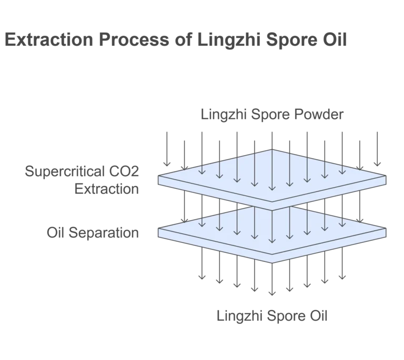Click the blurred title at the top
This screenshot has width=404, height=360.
(x=176, y=39)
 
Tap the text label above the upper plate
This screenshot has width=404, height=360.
(x=271, y=114)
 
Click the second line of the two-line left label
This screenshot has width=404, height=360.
(x=105, y=189)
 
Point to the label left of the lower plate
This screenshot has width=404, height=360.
(x=93, y=231)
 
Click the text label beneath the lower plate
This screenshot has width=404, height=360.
(x=271, y=315)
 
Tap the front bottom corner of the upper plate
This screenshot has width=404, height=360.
(x=272, y=201)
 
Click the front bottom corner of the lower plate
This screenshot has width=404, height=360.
(x=272, y=262)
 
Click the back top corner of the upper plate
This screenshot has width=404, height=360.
(x=272, y=149)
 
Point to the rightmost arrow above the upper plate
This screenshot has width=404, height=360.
(x=377, y=150)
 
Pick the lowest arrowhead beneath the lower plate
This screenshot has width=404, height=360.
(x=272, y=294)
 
